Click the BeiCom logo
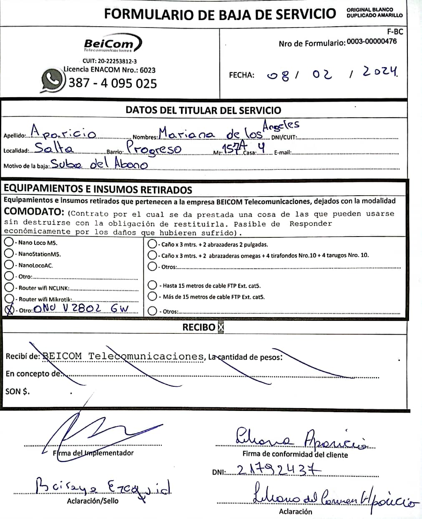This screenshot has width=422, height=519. tap(112, 43)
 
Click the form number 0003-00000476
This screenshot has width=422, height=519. tap(372, 41)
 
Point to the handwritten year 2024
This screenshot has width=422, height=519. tap(379, 72)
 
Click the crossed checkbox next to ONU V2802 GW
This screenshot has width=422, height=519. tap(9, 310)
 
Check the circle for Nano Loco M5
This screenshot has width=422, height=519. tap(8, 242)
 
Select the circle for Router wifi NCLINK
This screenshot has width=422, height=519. tap(9, 287)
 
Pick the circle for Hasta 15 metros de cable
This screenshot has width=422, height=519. tap(153, 285)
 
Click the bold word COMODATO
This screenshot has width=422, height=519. tap(34, 212)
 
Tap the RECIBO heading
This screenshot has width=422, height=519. tap(199, 327)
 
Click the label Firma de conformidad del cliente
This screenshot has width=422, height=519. tap(295, 455)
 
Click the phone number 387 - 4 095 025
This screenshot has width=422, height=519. tap(113, 83)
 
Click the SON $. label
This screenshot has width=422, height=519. tap(18, 391)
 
